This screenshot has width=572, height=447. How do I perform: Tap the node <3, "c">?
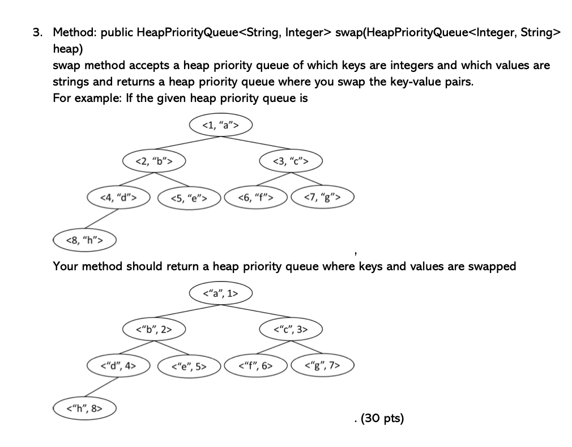tap(291, 161)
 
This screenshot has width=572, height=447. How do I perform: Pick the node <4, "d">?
tap(118, 197)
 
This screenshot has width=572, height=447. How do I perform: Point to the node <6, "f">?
tap(256, 198)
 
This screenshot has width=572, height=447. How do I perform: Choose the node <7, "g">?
tap(322, 197)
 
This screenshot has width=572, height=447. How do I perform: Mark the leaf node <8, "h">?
tap(84, 240)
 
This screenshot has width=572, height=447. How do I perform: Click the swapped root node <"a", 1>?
tap(220, 293)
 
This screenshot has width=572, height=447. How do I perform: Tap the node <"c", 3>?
tap(291, 329)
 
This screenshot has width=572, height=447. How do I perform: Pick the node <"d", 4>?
tap(118, 365)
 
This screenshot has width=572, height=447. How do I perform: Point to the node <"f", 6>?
tap(256, 365)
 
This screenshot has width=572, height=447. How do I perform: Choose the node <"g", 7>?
tap(322, 365)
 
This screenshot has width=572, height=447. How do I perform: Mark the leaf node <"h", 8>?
tap(84, 407)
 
